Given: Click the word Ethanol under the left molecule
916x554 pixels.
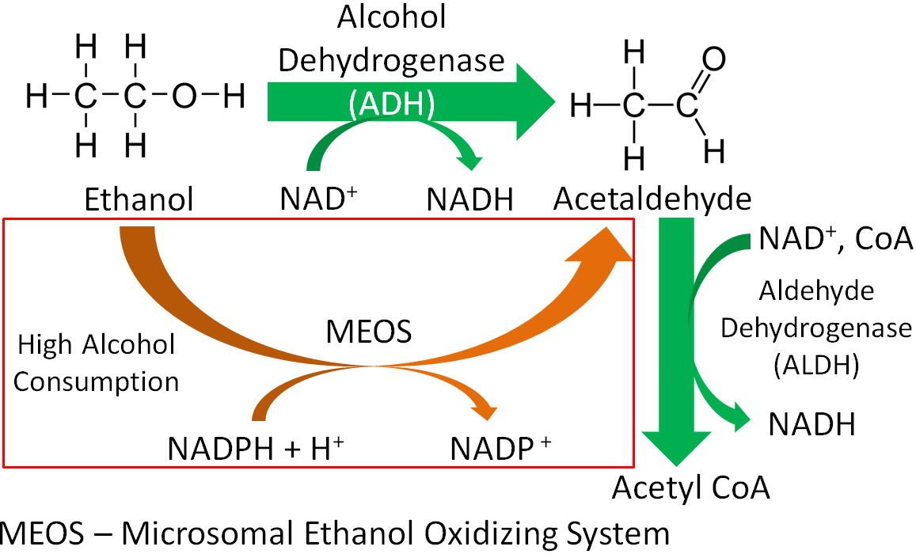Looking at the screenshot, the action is (139, 199).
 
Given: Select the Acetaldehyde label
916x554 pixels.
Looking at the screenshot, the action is (652, 199).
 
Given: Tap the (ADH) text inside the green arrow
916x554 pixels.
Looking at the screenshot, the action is (392, 104).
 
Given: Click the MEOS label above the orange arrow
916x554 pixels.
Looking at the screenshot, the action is (369, 332).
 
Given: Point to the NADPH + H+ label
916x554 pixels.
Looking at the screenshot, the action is (255, 448).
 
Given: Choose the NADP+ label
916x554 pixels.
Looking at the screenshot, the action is (500, 448).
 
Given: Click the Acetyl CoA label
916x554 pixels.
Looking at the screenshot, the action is (691, 488).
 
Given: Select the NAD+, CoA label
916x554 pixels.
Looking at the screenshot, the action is (835, 238).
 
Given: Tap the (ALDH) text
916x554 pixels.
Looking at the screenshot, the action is (816, 366).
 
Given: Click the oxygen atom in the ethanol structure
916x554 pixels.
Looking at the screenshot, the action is (184, 96).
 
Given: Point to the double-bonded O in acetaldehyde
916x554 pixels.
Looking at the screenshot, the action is (713, 59).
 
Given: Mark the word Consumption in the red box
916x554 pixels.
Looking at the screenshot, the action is (97, 381).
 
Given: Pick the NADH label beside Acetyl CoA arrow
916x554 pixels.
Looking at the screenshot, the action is (812, 424).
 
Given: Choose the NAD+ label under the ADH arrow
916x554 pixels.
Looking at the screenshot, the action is (318, 198).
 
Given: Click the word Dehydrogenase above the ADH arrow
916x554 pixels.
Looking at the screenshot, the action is (391, 61).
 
